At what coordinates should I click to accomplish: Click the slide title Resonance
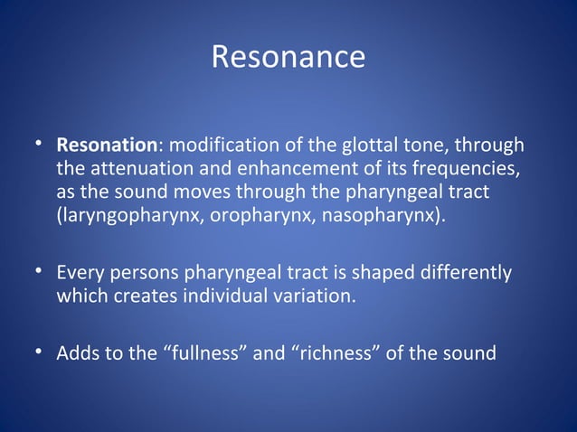click(x=288, y=57)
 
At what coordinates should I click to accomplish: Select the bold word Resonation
click(x=107, y=145)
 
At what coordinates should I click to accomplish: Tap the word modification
click(x=217, y=145)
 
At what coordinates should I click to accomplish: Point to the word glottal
click(x=364, y=145)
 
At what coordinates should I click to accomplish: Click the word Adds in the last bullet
click(x=77, y=352)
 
